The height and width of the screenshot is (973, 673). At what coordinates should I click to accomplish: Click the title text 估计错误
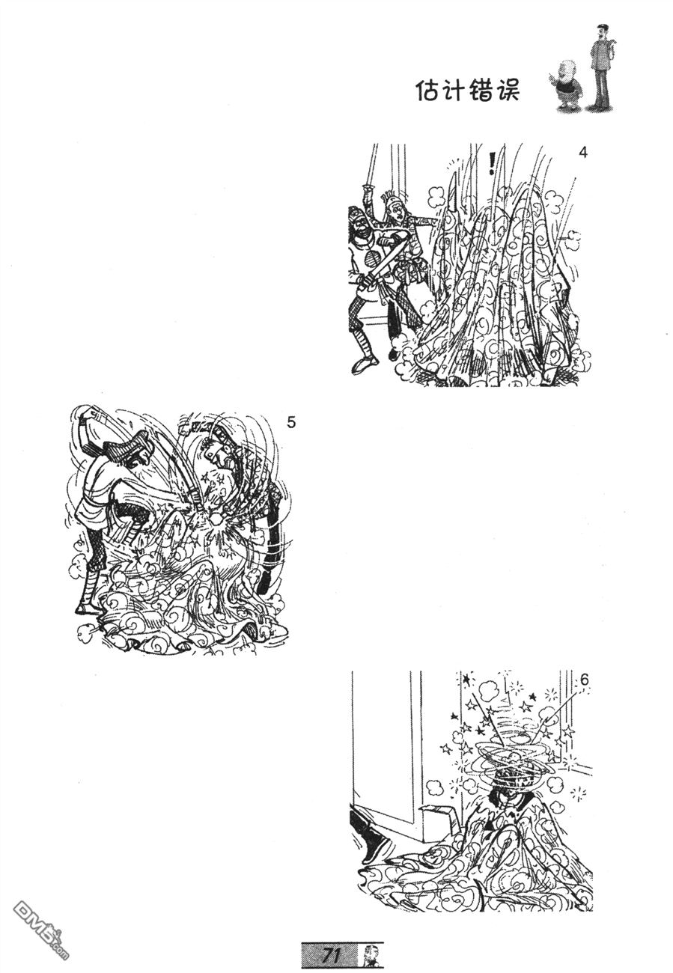467,91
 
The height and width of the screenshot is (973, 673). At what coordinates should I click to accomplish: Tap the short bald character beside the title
564,85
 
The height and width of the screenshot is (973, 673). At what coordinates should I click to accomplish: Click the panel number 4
583,153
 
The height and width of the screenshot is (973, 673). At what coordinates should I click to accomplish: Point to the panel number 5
291,422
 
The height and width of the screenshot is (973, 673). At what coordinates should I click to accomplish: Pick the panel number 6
584,680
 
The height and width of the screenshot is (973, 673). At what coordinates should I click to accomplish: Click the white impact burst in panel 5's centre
216,521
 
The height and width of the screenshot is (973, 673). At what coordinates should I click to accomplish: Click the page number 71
331,954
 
